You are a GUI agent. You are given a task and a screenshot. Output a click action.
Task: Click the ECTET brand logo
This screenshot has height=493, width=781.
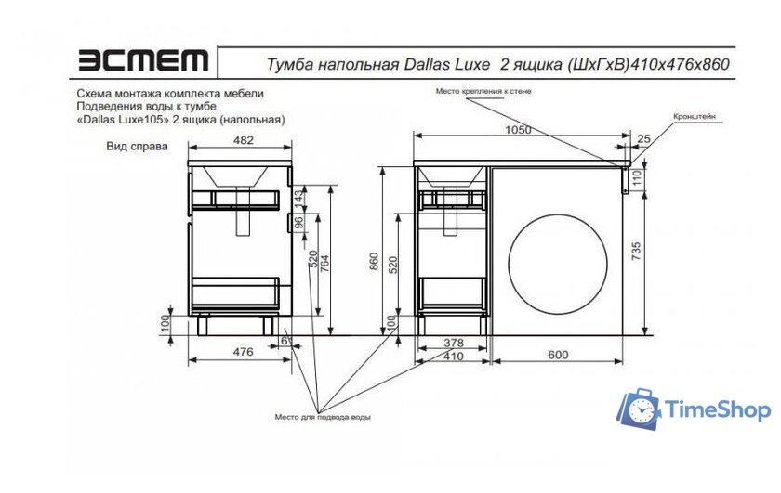click(x=142, y=61)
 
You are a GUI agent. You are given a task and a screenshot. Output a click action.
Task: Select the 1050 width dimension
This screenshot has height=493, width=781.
click(x=518, y=130)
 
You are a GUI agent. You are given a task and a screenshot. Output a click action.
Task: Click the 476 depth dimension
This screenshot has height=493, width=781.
click(x=243, y=351)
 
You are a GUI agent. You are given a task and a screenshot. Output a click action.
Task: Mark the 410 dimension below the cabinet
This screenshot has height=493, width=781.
click(x=453, y=357)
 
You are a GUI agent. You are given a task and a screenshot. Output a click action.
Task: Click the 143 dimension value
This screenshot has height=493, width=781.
click(x=299, y=198)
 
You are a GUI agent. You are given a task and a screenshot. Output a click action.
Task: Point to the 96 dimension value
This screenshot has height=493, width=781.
click(x=299, y=223)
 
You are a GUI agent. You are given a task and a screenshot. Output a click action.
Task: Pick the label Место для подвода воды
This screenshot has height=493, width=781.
click(x=323, y=417)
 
